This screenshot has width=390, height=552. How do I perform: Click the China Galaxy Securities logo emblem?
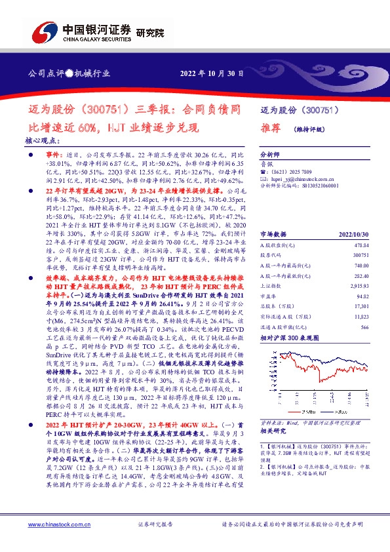[39, 31]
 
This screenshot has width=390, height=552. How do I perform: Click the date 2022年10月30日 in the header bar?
[212, 74]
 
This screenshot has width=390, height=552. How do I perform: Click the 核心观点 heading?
[41, 140]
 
